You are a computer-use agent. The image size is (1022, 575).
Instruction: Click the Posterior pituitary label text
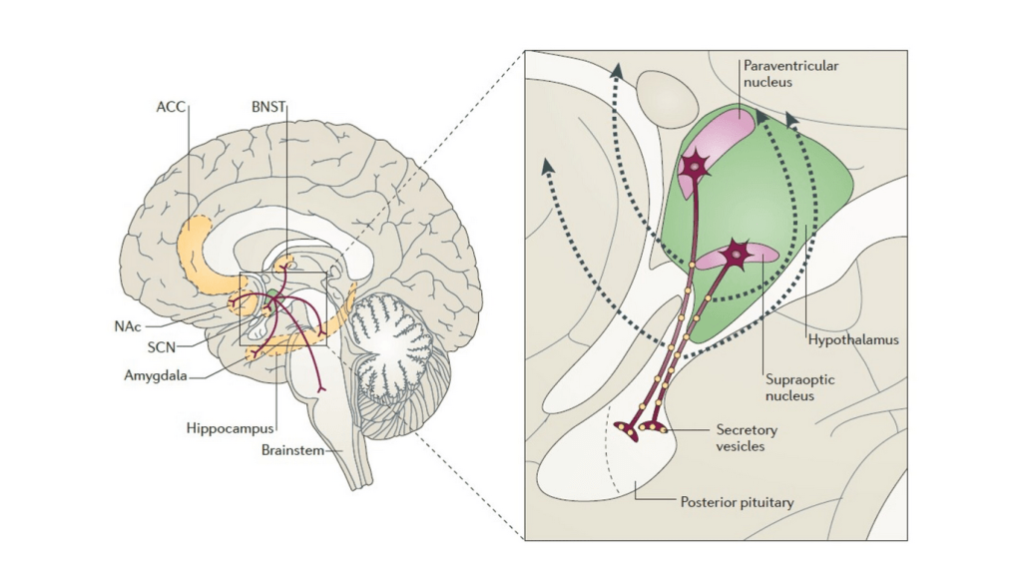point(738,502)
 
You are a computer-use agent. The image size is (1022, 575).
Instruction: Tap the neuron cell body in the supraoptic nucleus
point(737,256)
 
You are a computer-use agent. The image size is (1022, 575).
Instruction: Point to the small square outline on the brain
point(283,308)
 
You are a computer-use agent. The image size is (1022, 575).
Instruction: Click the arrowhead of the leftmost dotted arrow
point(547,166)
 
